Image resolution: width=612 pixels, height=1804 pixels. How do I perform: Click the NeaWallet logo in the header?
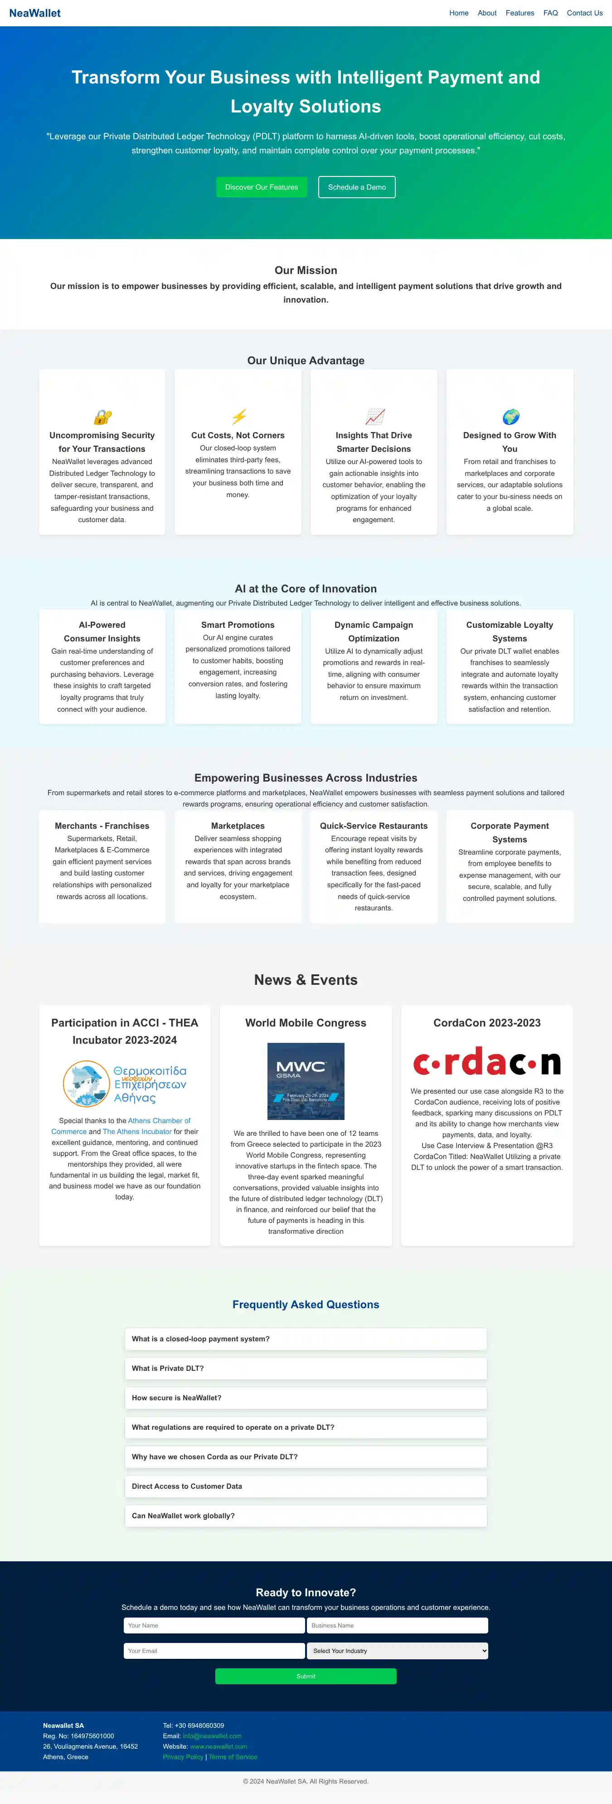point(35,13)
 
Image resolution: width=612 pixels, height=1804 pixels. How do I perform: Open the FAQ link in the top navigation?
point(550,13)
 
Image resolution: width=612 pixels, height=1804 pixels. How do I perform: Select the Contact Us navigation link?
point(584,13)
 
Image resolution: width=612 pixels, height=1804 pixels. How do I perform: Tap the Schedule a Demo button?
point(356,187)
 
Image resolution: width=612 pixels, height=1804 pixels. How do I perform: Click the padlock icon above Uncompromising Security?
point(102,417)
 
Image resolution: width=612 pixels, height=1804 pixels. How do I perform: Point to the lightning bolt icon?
point(238,417)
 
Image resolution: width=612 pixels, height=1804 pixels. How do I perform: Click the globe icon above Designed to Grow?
point(510,417)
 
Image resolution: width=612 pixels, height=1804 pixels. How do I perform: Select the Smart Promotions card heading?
point(238,625)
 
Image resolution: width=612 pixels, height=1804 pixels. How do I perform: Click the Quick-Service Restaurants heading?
point(373,826)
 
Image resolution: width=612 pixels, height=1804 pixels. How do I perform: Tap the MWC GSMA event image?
point(306,1080)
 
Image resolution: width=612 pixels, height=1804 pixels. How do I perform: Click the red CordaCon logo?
point(487,1062)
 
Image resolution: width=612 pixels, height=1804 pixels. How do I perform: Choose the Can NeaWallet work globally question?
point(305,1516)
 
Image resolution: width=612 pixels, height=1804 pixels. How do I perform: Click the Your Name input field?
point(214,1625)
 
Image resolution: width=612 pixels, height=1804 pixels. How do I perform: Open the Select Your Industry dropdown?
point(397,1651)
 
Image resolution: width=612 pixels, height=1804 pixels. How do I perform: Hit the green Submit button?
point(305,1676)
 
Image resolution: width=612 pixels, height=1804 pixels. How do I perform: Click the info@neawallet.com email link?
point(212,1736)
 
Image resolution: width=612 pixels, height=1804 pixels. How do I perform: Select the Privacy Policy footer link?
point(183,1756)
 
